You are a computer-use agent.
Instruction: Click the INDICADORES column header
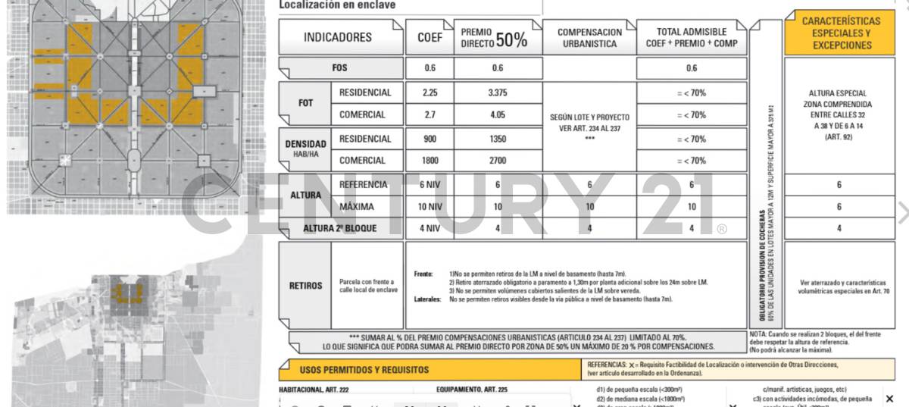pos(338,37)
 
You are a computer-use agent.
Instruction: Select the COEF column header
pos(430,37)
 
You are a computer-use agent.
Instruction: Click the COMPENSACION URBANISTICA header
pos(589,37)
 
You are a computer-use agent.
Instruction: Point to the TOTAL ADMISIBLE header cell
pos(691,37)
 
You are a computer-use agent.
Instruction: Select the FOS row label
pos(339,67)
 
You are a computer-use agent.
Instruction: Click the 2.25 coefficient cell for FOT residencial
pos(430,92)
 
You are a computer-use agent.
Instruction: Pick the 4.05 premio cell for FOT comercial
pos(497,115)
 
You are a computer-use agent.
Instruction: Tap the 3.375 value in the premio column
pos(497,92)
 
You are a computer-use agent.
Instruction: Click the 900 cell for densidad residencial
pos(430,139)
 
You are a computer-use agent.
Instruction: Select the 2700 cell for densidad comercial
pos(497,161)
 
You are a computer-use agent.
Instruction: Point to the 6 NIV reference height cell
pos(430,185)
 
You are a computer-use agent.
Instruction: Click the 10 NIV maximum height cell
pos(430,206)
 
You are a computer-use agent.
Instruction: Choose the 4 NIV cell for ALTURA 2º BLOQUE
pos(430,228)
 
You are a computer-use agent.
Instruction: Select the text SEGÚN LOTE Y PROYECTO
pos(589,117)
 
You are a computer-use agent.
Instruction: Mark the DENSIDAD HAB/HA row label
pos(305,148)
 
